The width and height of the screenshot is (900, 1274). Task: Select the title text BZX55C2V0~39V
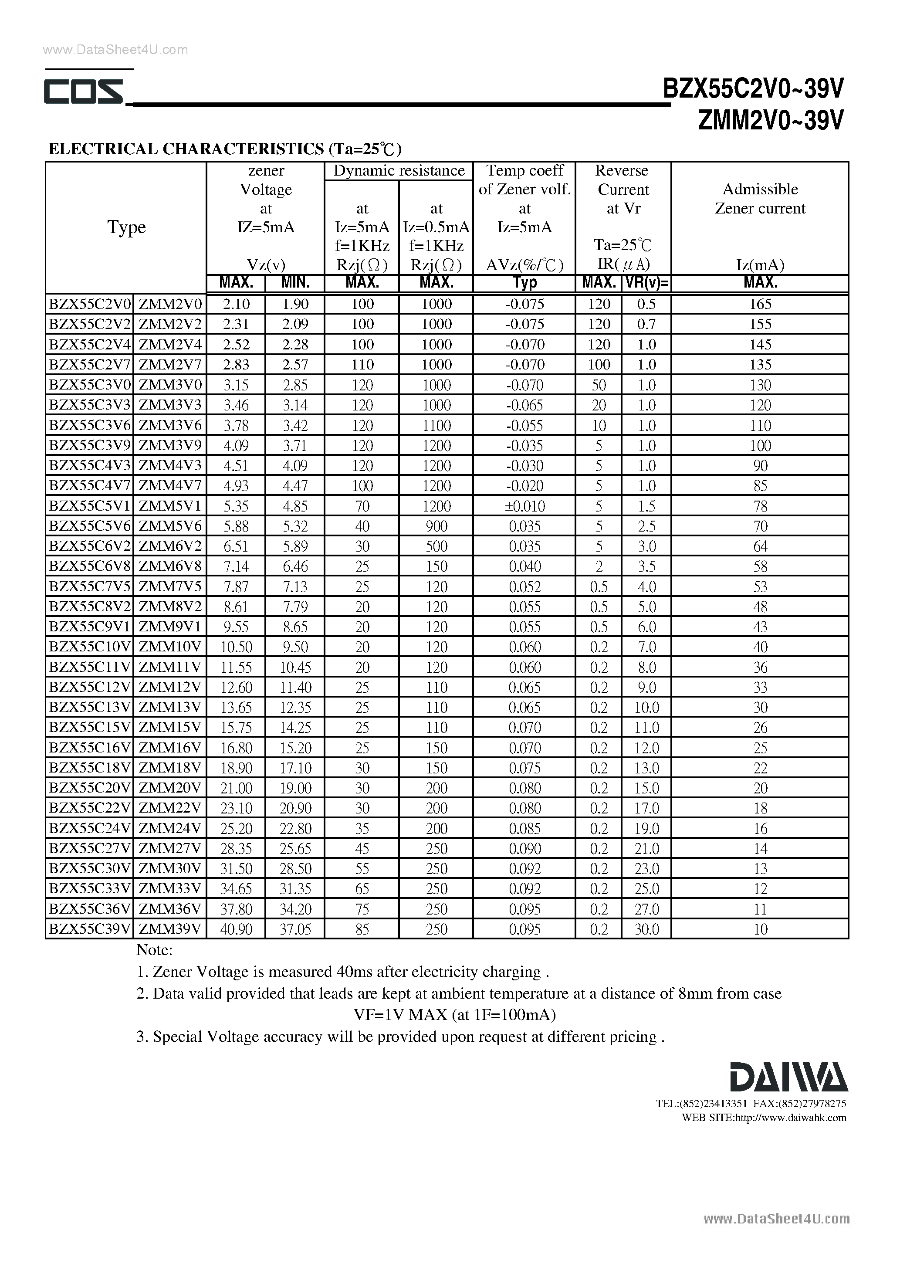pyautogui.click(x=754, y=89)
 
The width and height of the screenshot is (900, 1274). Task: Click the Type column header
pyautogui.click(x=126, y=227)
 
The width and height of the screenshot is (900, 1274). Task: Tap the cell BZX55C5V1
pyautogui.click(x=89, y=505)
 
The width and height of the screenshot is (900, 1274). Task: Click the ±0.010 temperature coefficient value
pyautogui.click(x=524, y=506)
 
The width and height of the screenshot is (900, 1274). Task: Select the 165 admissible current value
pyautogui.click(x=760, y=304)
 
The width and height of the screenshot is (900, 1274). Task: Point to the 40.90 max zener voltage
pyautogui.click(x=236, y=929)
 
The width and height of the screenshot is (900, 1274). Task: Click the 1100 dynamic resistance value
pyautogui.click(x=436, y=426)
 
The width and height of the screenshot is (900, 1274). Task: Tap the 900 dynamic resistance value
pyautogui.click(x=436, y=526)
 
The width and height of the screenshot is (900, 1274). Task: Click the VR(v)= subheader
pyautogui.click(x=646, y=283)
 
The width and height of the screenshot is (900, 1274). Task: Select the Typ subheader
pyautogui.click(x=524, y=283)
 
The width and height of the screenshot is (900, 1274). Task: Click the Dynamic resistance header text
pyautogui.click(x=399, y=170)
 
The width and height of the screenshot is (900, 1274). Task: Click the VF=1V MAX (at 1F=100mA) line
pyautogui.click(x=454, y=1015)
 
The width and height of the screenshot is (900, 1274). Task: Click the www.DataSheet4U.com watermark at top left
pyautogui.click(x=115, y=50)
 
